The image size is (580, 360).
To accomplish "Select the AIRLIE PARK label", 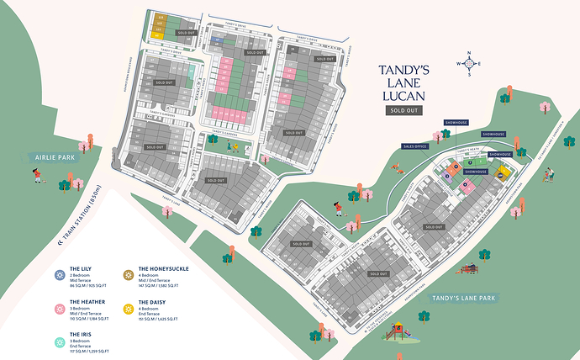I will [53, 157].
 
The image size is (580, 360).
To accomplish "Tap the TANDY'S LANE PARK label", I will [464, 298].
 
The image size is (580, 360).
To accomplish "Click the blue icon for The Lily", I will [60, 275].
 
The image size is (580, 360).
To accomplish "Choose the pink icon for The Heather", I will [60, 309].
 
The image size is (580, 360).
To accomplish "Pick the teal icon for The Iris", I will [60, 342].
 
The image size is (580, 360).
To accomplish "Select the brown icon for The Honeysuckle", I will [129, 275].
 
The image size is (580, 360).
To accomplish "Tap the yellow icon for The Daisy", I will [129, 309].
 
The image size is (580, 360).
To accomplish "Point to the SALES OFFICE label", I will [415, 146].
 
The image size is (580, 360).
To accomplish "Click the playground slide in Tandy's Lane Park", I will [397, 331].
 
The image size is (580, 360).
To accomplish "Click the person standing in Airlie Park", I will [36, 176].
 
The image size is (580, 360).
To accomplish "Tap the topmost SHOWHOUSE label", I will [454, 122].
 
